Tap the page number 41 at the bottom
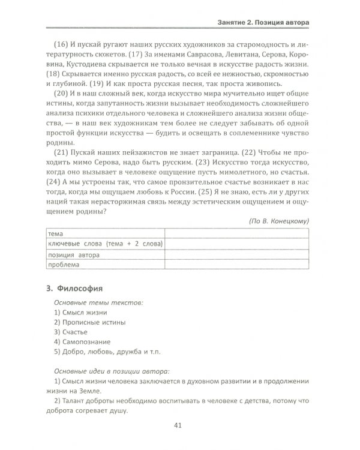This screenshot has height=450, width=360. point(177,426)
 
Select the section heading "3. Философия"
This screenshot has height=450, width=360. point(74,287)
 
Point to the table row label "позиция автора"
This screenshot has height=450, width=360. point(74,254)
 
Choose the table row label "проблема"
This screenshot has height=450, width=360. point(64,265)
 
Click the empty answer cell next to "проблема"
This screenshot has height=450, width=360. point(236,265)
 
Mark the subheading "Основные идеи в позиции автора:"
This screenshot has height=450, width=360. point(112,371)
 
